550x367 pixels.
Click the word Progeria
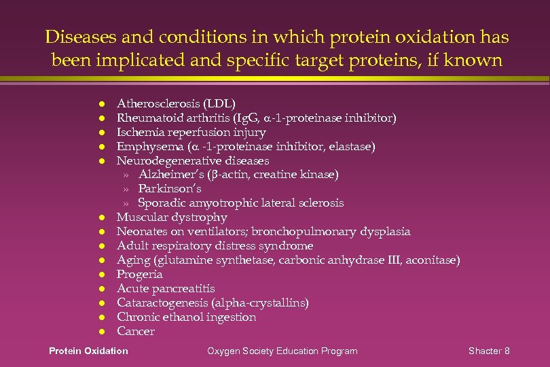pos(140,275)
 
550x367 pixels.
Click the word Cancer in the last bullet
pos(136,332)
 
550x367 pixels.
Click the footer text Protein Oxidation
pos(88,351)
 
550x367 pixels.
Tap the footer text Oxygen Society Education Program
pos(282,351)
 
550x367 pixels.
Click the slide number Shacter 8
pos(489,351)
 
